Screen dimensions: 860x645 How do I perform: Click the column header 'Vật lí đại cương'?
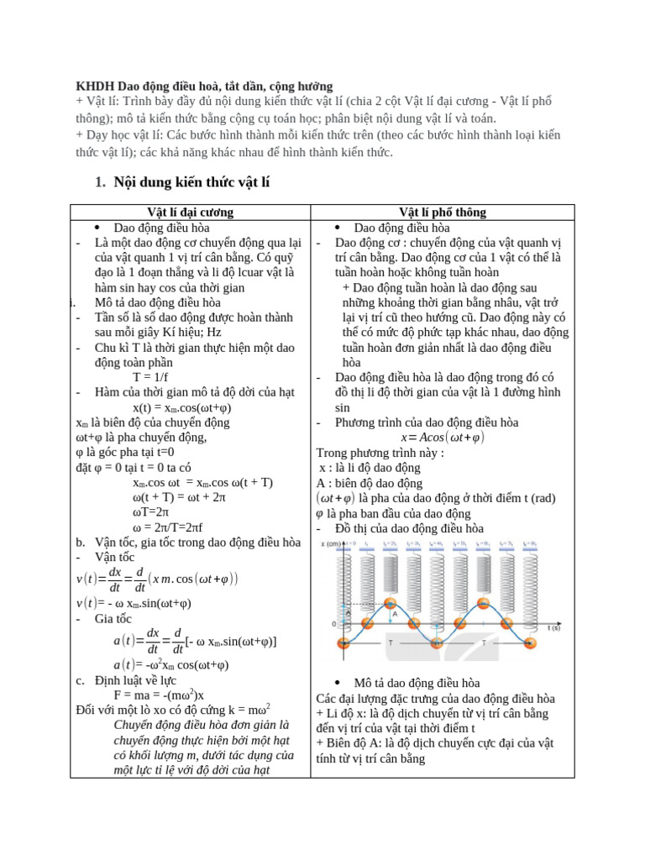tap(190, 212)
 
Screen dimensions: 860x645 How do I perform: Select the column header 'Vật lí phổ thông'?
tap(443, 212)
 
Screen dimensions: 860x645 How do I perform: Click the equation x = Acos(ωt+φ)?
tap(443, 438)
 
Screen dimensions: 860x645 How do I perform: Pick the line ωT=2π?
tap(151, 511)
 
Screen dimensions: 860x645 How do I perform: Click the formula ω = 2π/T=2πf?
tap(167, 527)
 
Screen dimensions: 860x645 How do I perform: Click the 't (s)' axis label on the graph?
tap(554, 627)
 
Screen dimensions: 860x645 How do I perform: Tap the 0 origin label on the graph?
tap(334, 625)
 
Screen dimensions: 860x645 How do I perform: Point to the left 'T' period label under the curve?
tap(390, 642)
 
